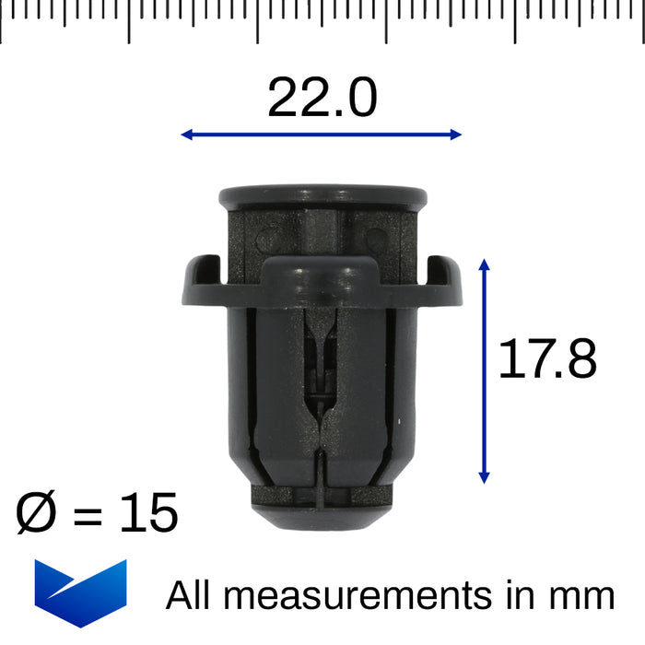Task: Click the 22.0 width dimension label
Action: (x=322, y=99)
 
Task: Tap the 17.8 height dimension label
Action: (x=547, y=359)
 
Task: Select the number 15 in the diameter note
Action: (x=147, y=513)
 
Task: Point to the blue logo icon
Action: (x=80, y=592)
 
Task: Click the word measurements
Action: (x=361, y=595)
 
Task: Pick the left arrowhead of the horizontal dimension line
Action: (x=187, y=135)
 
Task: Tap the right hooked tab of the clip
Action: (x=443, y=277)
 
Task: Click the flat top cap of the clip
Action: (x=322, y=196)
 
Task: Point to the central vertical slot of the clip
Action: (x=319, y=369)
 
